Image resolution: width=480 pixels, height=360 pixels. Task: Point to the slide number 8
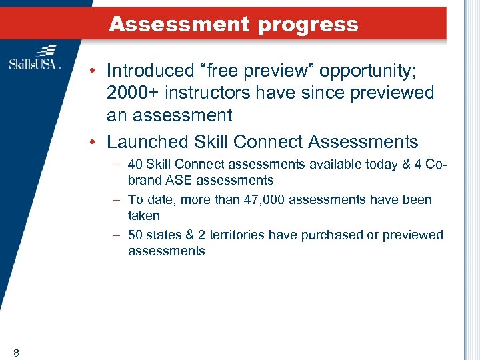pyautogui.click(x=15, y=352)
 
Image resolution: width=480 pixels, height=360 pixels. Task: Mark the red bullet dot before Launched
pyautogui.click(x=93, y=142)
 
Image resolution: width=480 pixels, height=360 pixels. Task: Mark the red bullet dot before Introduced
pyautogui.click(x=93, y=71)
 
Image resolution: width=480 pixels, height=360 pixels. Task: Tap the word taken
pyautogui.click(x=144, y=215)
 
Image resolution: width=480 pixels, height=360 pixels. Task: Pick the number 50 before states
pyautogui.click(x=135, y=235)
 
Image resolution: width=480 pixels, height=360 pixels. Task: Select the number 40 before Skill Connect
pyautogui.click(x=135, y=164)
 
